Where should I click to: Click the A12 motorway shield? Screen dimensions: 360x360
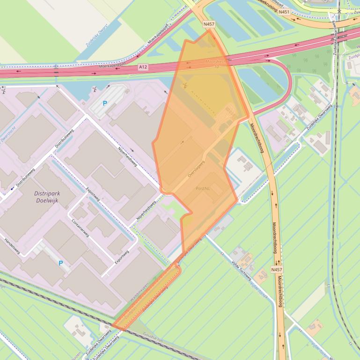[x=143, y=67]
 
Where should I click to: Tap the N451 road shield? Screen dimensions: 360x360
[x=284, y=12]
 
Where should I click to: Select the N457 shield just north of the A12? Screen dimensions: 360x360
[x=209, y=23]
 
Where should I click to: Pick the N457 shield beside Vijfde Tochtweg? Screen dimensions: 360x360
[x=277, y=270]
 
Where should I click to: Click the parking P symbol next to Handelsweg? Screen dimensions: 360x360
[x=60, y=263]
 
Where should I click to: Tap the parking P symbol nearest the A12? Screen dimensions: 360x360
[x=105, y=103]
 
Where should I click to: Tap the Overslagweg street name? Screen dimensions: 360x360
[x=197, y=169]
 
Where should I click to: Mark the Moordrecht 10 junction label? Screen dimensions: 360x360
[x=215, y=64]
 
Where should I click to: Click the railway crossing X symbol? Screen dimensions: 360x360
[x=339, y=11]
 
